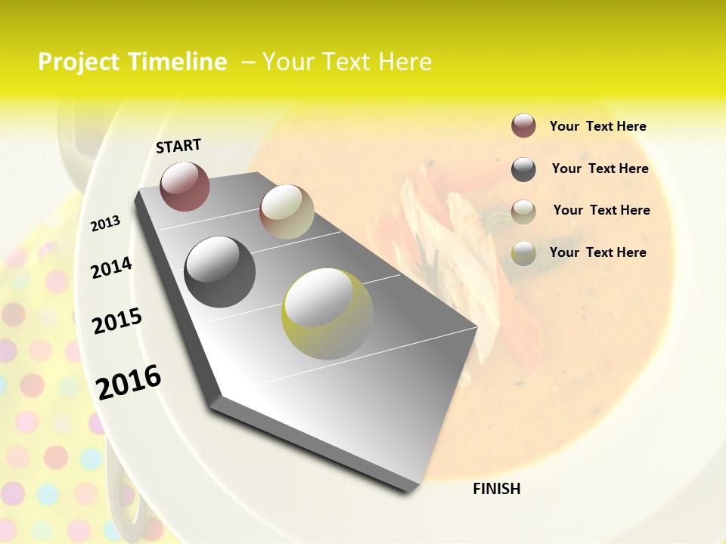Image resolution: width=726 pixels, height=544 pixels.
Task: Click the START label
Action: pos(178,146)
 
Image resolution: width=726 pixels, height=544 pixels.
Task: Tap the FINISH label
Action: pos(497,489)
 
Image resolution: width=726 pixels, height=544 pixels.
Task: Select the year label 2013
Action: pos(105,224)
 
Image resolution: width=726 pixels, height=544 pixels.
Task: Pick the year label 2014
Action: pos(111,267)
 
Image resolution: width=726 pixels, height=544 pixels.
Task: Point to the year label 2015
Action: pos(117,321)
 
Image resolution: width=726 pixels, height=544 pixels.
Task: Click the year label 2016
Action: pos(129,382)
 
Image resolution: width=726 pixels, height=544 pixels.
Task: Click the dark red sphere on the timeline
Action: pos(185,186)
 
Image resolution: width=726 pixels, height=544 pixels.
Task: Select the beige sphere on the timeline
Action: pos(287,212)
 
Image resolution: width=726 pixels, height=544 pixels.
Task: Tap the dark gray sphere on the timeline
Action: pos(220,272)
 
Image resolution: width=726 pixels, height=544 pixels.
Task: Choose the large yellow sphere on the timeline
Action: pos(327,314)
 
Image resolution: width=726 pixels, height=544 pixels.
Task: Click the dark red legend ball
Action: pos(523,125)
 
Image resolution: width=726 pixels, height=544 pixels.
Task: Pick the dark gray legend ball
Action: pos(523,169)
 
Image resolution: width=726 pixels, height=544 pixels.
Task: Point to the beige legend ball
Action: pos(523,211)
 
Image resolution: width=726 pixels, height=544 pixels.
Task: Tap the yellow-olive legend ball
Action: pos(523,253)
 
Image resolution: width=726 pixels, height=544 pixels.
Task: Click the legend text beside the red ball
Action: pos(597,126)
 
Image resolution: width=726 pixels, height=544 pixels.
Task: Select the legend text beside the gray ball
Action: pos(600,168)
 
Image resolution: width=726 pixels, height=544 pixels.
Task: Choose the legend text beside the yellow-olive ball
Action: pos(597,252)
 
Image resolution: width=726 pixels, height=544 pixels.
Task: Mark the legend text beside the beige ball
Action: pos(601,210)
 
